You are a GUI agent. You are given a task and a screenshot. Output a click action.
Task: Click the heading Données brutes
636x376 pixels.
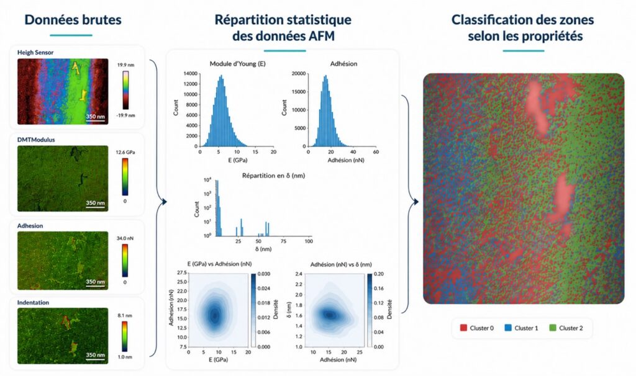coord(73,19)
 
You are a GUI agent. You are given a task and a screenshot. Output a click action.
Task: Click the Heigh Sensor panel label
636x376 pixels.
coord(35,52)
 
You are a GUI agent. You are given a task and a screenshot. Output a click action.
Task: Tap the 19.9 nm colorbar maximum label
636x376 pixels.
coord(125,65)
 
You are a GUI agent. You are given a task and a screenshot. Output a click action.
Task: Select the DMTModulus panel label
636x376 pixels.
coord(36,140)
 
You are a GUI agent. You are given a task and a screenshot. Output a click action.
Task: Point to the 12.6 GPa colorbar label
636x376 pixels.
coord(125,153)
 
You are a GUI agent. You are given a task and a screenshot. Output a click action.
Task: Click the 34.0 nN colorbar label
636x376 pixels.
coord(125,238)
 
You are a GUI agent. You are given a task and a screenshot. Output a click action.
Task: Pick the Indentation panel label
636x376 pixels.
coord(33,302)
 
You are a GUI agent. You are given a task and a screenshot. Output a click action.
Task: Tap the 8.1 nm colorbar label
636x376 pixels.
coord(125,315)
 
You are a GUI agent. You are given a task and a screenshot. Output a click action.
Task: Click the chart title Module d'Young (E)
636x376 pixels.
coord(238,64)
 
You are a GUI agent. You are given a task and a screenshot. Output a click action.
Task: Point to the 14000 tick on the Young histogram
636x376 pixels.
coord(190,73)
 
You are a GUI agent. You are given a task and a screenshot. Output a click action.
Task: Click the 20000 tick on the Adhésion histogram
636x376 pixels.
coord(299,73)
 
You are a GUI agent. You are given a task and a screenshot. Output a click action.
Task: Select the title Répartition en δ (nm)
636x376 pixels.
coord(273,176)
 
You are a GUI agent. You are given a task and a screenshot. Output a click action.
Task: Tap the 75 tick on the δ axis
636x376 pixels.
coord(283,241)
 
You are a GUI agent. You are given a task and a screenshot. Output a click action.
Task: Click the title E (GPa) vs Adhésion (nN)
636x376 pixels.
coord(219,264)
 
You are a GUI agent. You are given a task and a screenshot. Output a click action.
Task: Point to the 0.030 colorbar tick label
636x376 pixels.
coord(265,274)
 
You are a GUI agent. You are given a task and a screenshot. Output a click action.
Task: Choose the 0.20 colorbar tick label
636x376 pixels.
coord(378,274)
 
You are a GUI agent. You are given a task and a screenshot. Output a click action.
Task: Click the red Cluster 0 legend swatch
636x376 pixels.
coord(463,328)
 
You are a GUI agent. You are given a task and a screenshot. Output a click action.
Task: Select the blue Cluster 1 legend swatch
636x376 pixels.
coord(508,328)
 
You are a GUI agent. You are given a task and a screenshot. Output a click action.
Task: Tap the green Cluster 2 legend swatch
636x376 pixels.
coord(552,328)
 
